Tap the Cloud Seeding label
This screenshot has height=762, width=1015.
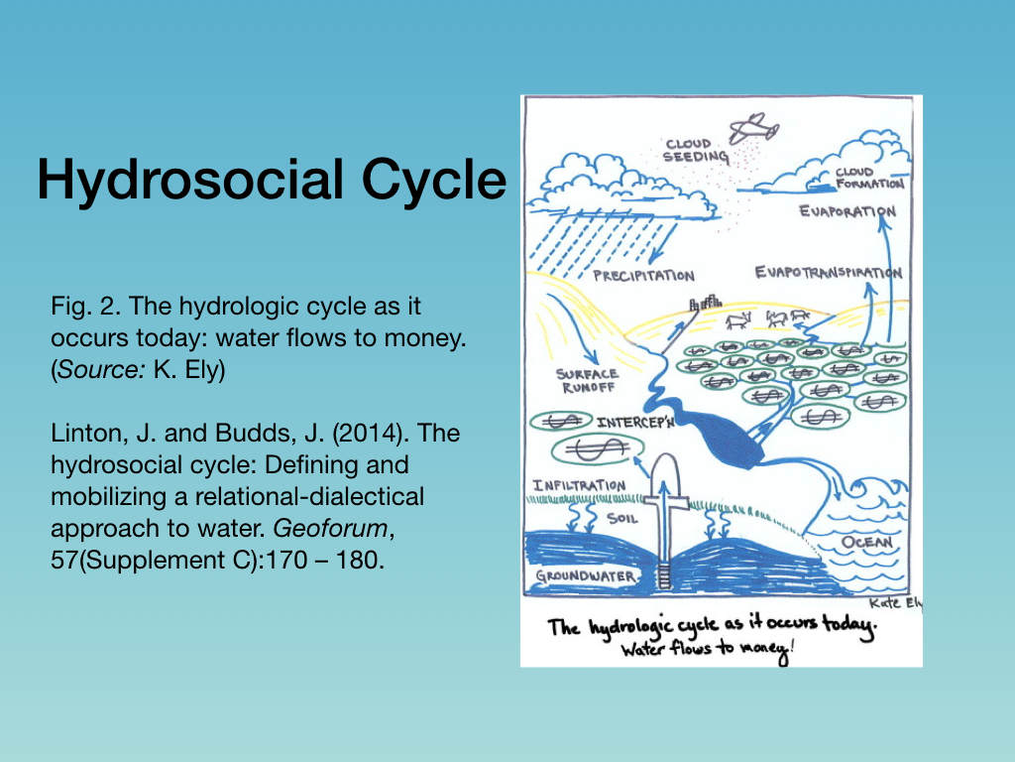(695, 151)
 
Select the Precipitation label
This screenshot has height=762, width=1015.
(644, 276)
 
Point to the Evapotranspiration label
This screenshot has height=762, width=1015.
(829, 272)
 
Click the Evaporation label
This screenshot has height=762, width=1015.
(847, 211)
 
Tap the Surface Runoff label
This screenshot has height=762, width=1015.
(587, 381)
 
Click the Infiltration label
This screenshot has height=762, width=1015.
(579, 485)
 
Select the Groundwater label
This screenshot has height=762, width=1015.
(586, 576)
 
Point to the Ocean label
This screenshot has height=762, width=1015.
(866, 542)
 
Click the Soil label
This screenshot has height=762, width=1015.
(622, 518)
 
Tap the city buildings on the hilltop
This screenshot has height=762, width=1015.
(705, 302)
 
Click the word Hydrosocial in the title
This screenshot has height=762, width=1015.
(190, 180)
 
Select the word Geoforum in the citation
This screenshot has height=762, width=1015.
(330, 529)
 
